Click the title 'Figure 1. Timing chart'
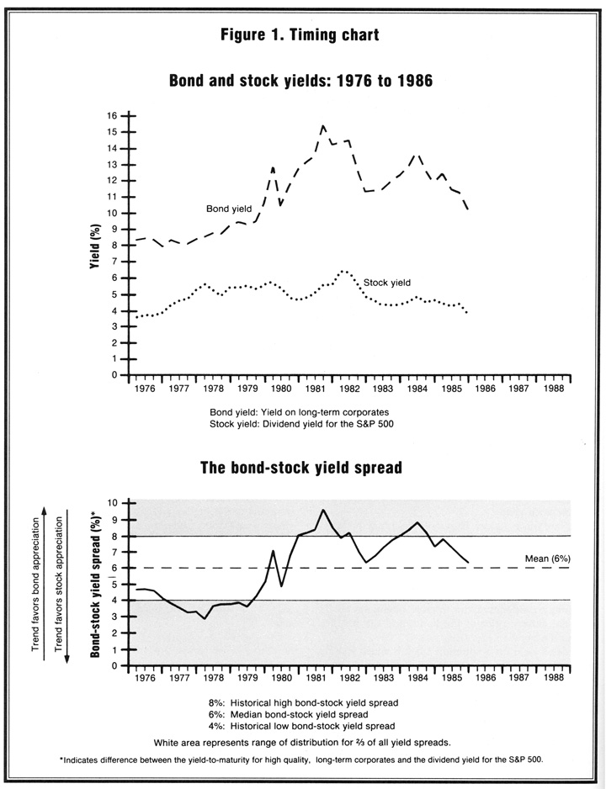point(300,35)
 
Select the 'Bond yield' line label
point(229,209)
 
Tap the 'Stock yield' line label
point(387,283)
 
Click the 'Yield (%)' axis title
point(95,246)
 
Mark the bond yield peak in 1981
point(322,125)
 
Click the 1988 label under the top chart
point(553,389)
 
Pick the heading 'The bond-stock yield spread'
point(301,468)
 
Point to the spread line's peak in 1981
point(323,510)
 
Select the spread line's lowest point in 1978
point(205,618)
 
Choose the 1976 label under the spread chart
point(146,678)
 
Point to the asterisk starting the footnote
point(61,759)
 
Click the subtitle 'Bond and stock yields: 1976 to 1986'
point(300,81)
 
